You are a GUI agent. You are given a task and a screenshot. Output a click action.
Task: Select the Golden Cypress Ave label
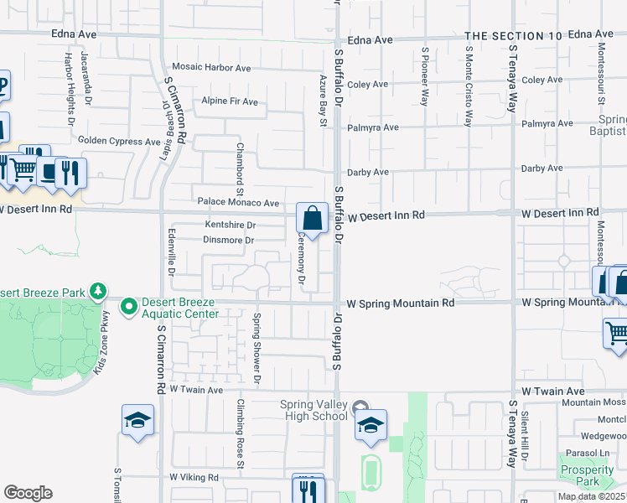tap(118, 142)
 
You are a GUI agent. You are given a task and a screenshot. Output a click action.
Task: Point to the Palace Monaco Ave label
tap(238, 203)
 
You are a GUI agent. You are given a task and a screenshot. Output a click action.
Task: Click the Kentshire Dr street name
tap(231, 225)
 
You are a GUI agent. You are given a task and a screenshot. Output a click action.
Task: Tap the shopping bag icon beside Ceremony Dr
tap(312, 220)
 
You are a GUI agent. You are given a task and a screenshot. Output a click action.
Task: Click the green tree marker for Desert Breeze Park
tap(99, 291)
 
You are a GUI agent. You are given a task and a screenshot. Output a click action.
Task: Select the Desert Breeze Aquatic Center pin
tap(128, 308)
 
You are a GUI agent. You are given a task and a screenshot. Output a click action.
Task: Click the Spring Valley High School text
tap(313, 410)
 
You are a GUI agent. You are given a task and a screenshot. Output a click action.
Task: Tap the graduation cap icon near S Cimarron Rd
tap(137, 421)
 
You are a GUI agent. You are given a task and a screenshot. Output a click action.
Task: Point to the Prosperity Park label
tap(588, 475)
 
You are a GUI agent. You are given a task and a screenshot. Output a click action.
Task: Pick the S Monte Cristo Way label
tap(468, 84)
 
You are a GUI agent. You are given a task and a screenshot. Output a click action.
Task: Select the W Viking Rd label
tap(194, 477)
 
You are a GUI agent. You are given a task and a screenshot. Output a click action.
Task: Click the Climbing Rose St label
tap(240, 433)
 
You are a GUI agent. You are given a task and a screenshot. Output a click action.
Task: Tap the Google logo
tap(28, 493)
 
